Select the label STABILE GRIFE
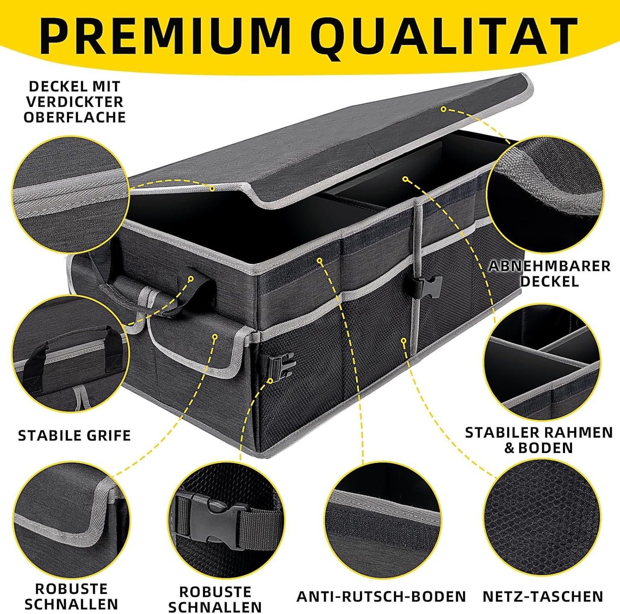point(74,436)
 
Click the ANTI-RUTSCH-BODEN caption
point(381,596)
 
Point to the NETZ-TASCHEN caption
point(543,596)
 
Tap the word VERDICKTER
point(75,102)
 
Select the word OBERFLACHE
point(75,117)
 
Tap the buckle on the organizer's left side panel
point(280,363)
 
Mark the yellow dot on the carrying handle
point(191,279)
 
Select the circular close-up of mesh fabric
point(542,517)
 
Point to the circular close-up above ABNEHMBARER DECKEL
point(545,195)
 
